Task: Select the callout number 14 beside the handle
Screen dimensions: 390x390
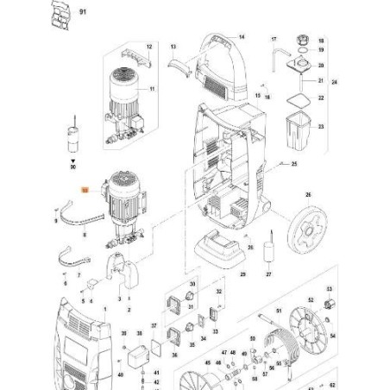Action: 242,37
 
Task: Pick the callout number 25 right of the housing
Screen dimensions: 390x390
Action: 294,164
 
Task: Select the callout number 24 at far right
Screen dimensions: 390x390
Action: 335,81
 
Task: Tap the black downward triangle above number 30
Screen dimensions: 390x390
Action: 73,161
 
